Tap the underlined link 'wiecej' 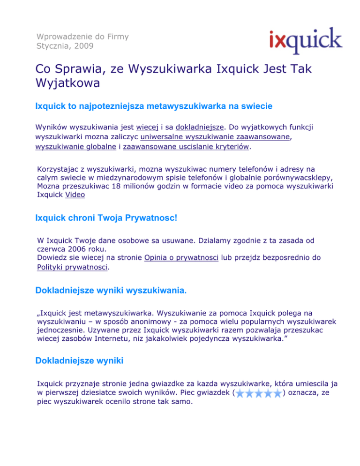pos(147,126)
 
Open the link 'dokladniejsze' pos(200,126)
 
